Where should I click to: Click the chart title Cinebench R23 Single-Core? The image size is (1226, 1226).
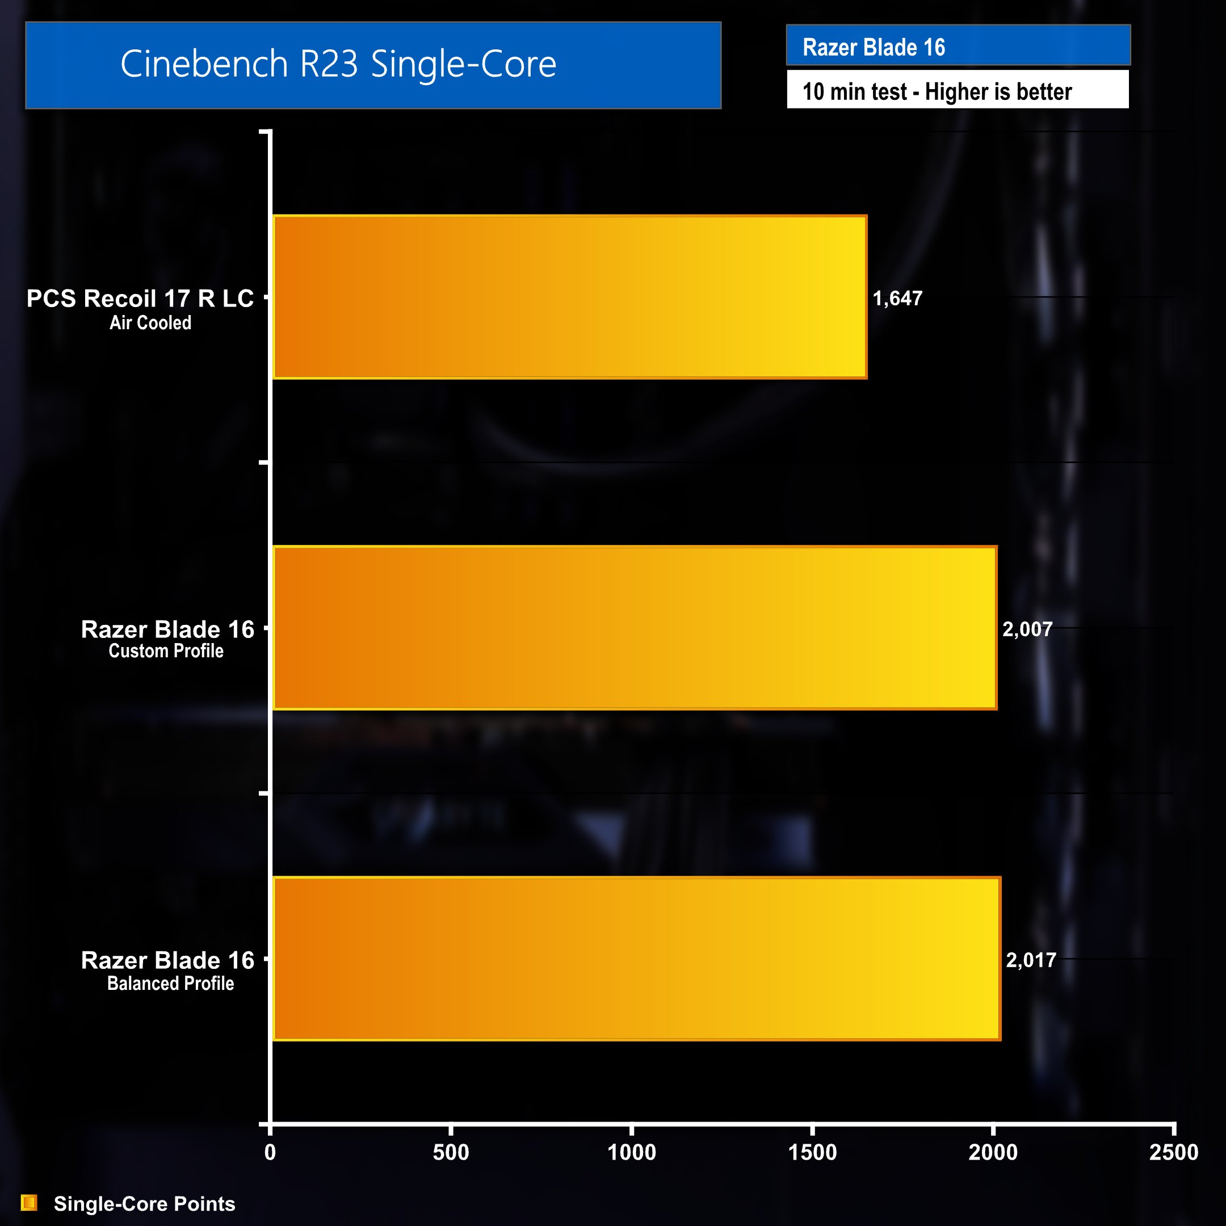point(338,64)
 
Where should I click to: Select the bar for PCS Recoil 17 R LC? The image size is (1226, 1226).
point(569,297)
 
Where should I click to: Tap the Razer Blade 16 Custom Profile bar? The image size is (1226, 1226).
point(635,628)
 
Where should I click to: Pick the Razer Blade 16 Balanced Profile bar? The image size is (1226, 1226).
point(636,958)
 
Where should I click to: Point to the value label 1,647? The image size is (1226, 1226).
point(897,298)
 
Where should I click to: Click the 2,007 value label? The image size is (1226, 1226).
point(1027,629)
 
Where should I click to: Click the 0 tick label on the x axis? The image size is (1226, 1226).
point(270,1152)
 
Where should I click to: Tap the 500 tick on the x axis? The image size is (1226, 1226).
point(451,1152)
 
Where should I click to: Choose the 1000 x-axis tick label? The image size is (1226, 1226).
point(631,1152)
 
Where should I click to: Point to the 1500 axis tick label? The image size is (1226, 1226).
point(812,1152)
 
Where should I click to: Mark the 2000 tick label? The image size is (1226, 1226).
point(993,1152)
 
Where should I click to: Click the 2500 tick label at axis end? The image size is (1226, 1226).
point(1173,1152)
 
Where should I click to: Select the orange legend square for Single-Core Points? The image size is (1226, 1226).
point(29,1203)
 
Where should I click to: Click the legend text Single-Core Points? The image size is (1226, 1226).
point(144,1204)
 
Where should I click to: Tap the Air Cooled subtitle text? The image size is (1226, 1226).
point(150,323)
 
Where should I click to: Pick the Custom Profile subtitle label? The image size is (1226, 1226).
point(166,651)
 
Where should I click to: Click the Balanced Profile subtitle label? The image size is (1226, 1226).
point(170,984)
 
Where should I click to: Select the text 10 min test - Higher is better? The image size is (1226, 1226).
point(937,92)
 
